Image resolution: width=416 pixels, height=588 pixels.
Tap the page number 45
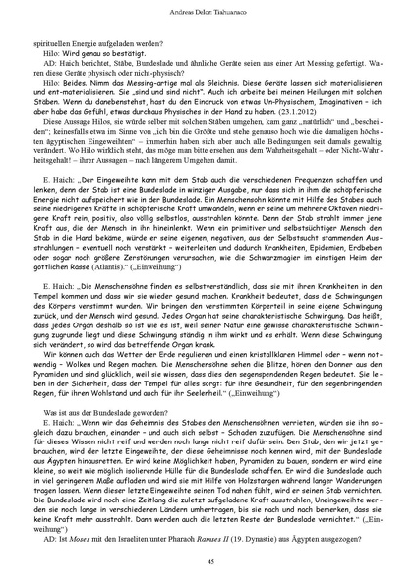(x=208, y=561)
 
